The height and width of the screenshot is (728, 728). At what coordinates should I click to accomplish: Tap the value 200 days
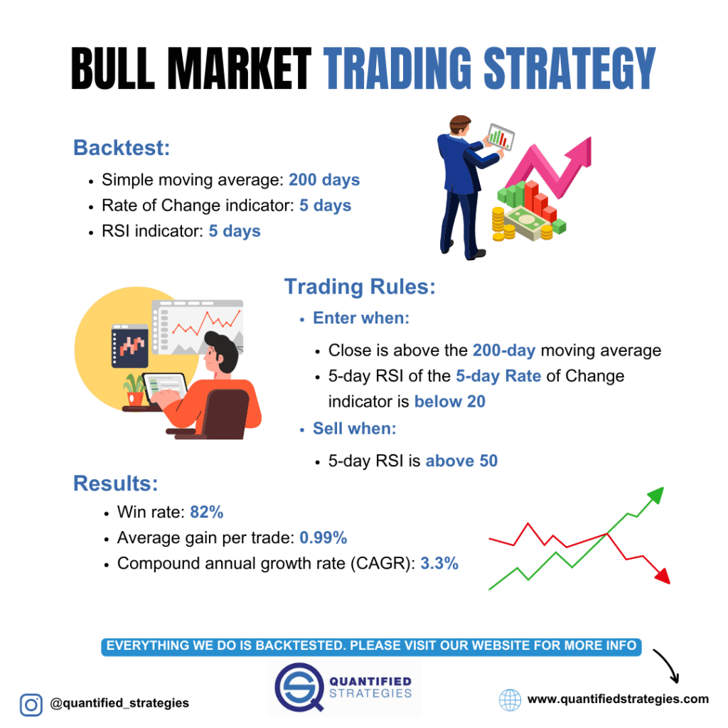324,180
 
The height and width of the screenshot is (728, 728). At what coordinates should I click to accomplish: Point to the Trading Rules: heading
360,287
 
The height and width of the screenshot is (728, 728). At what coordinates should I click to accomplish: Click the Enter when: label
361,318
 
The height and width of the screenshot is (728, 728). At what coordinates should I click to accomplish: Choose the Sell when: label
355,429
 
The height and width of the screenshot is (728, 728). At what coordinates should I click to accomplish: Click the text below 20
450,402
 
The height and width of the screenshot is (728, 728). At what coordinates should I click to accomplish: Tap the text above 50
461,461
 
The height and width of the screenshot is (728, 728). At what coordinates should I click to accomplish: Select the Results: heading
115,483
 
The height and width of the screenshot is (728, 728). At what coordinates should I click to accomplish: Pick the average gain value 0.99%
323,537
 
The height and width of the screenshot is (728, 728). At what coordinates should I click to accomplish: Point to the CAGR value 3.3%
439,564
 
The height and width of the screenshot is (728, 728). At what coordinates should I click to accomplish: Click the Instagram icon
31,703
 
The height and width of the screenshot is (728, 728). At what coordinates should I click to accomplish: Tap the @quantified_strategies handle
119,703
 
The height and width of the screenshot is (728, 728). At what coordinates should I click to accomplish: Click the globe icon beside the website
510,700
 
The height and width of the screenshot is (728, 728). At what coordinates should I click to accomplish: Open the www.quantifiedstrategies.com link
618,699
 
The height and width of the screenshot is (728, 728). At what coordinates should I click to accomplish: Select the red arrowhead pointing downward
662,575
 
